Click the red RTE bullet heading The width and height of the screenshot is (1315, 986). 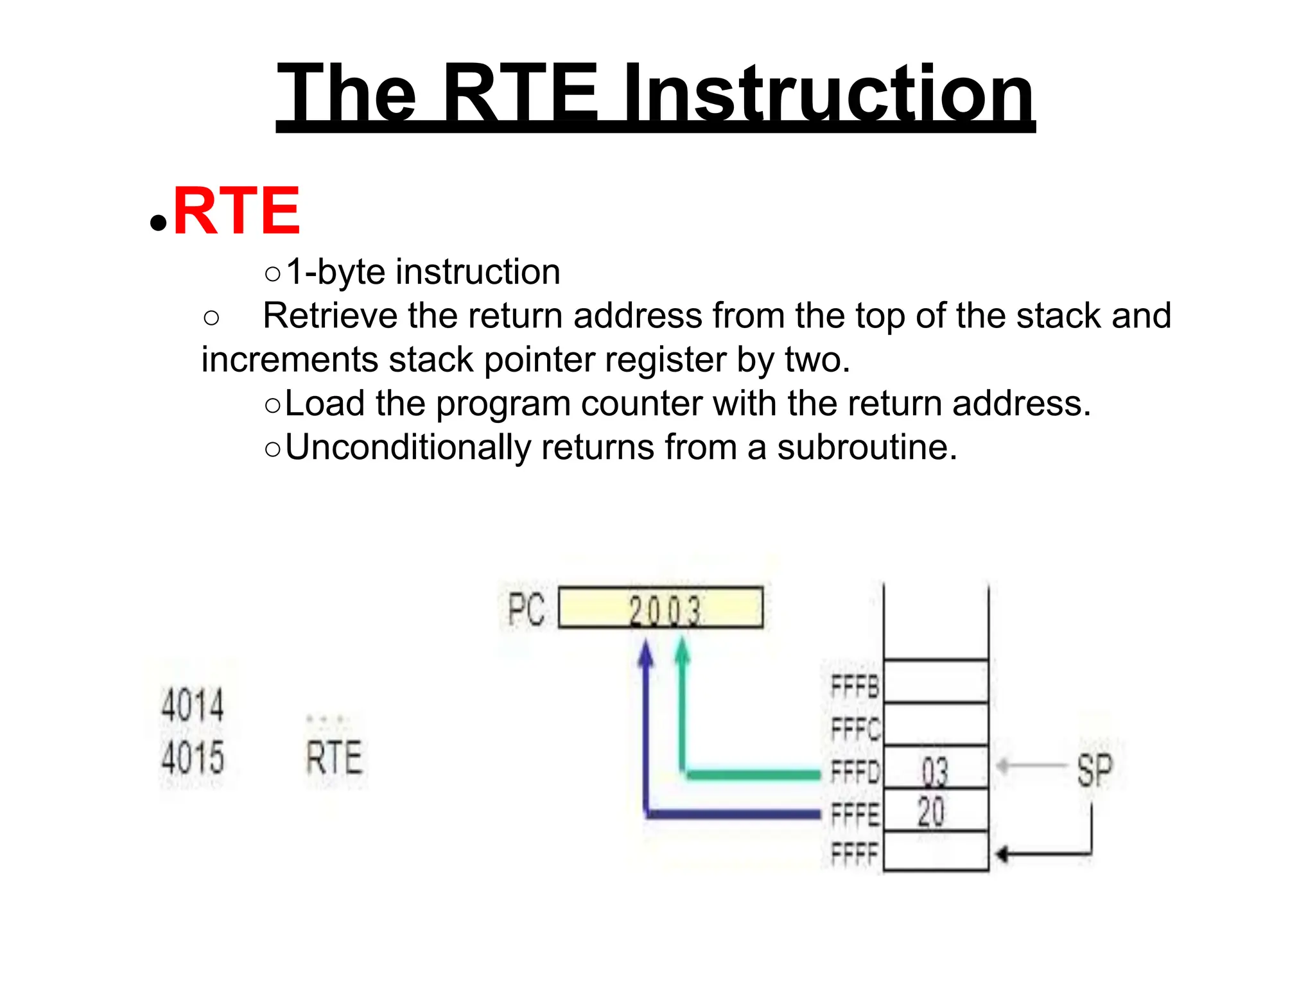pyautogui.click(x=236, y=211)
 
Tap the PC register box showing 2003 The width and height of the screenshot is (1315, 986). pyautogui.click(x=661, y=607)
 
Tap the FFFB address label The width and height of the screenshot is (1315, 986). pyautogui.click(x=854, y=686)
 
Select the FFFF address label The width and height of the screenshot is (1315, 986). pyautogui.click(x=854, y=854)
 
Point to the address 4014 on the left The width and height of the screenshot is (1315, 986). pyautogui.click(x=193, y=704)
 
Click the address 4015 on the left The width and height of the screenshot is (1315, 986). pyautogui.click(x=193, y=757)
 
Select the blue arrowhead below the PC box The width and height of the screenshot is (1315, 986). pyautogui.click(x=646, y=653)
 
